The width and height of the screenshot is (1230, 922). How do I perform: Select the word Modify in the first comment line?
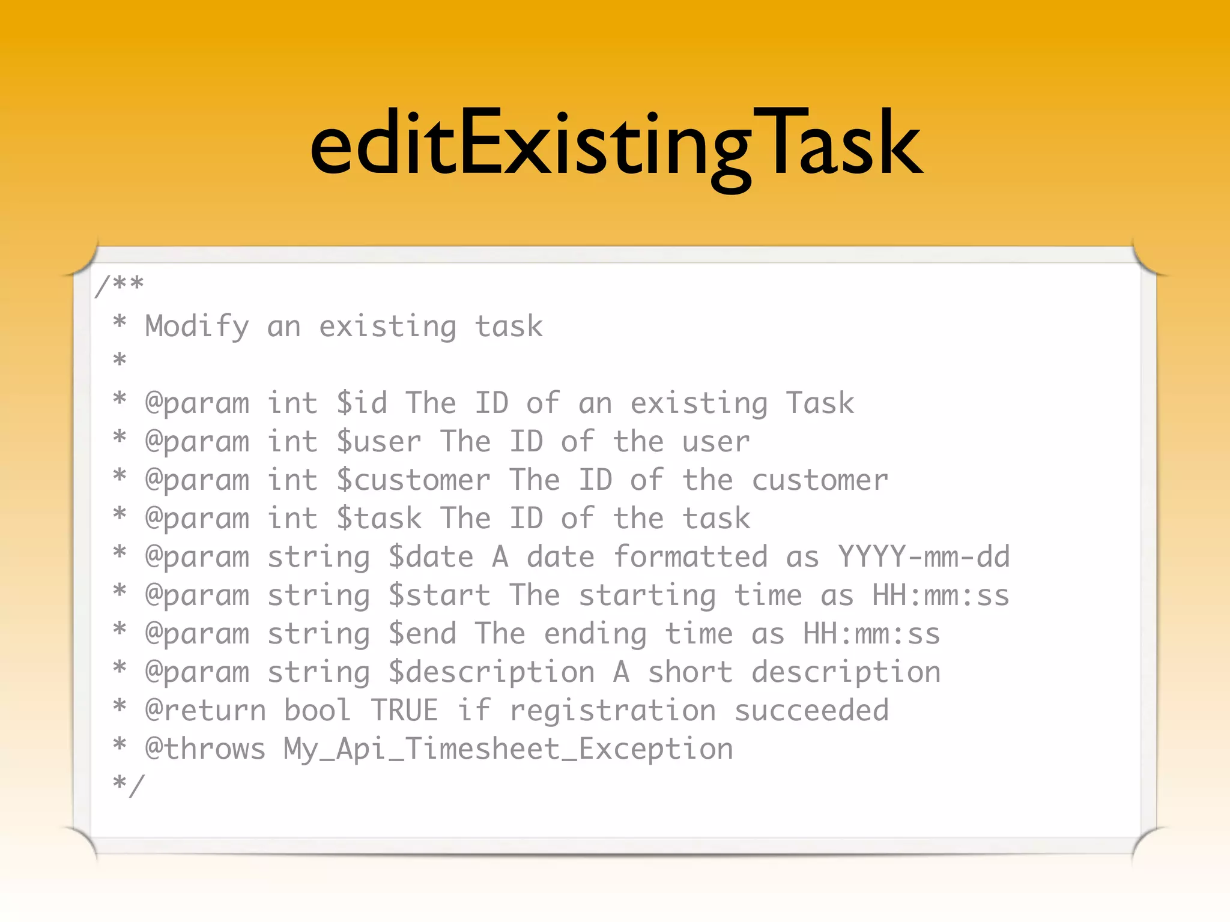pos(197,327)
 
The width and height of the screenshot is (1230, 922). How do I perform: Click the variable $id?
pos(362,403)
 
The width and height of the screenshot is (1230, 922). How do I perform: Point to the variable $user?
pos(379,442)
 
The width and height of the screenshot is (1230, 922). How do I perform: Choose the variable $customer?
pos(413,480)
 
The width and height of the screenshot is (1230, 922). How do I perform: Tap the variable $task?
pos(379,519)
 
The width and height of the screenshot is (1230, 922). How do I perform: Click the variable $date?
pos(431,557)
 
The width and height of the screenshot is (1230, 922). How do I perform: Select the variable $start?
pos(439,595)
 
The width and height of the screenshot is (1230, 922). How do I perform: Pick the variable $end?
pos(422,634)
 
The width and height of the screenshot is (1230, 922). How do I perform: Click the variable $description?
pos(491,672)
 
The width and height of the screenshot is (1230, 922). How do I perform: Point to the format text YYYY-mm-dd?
pos(924,557)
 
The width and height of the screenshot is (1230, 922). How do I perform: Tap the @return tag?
pos(205,711)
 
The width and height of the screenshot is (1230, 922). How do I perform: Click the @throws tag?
pos(205,749)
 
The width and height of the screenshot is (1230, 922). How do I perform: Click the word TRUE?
pos(404,711)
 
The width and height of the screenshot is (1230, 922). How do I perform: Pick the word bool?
pos(318,711)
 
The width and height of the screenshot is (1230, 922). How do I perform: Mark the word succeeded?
pos(811,711)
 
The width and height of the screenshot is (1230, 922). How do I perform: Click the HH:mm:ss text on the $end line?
pos(871,634)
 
